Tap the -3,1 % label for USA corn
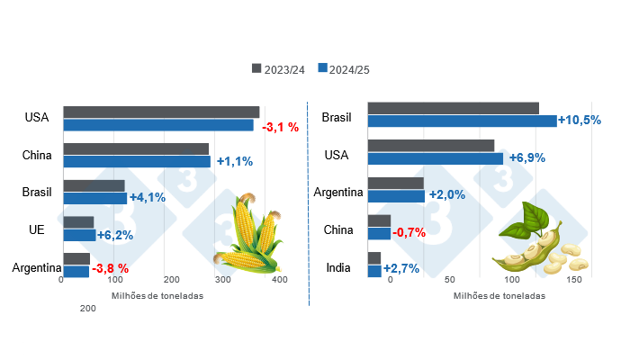click(280, 127)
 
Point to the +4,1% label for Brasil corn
click(148, 198)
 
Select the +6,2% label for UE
click(115, 235)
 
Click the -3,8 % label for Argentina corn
click(111, 268)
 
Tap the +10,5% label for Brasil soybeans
click(580, 121)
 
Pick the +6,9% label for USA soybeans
click(526, 157)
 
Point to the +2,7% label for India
click(401, 269)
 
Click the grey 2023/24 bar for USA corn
click(161, 112)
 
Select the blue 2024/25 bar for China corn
click(137, 162)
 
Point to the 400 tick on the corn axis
click(279, 281)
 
